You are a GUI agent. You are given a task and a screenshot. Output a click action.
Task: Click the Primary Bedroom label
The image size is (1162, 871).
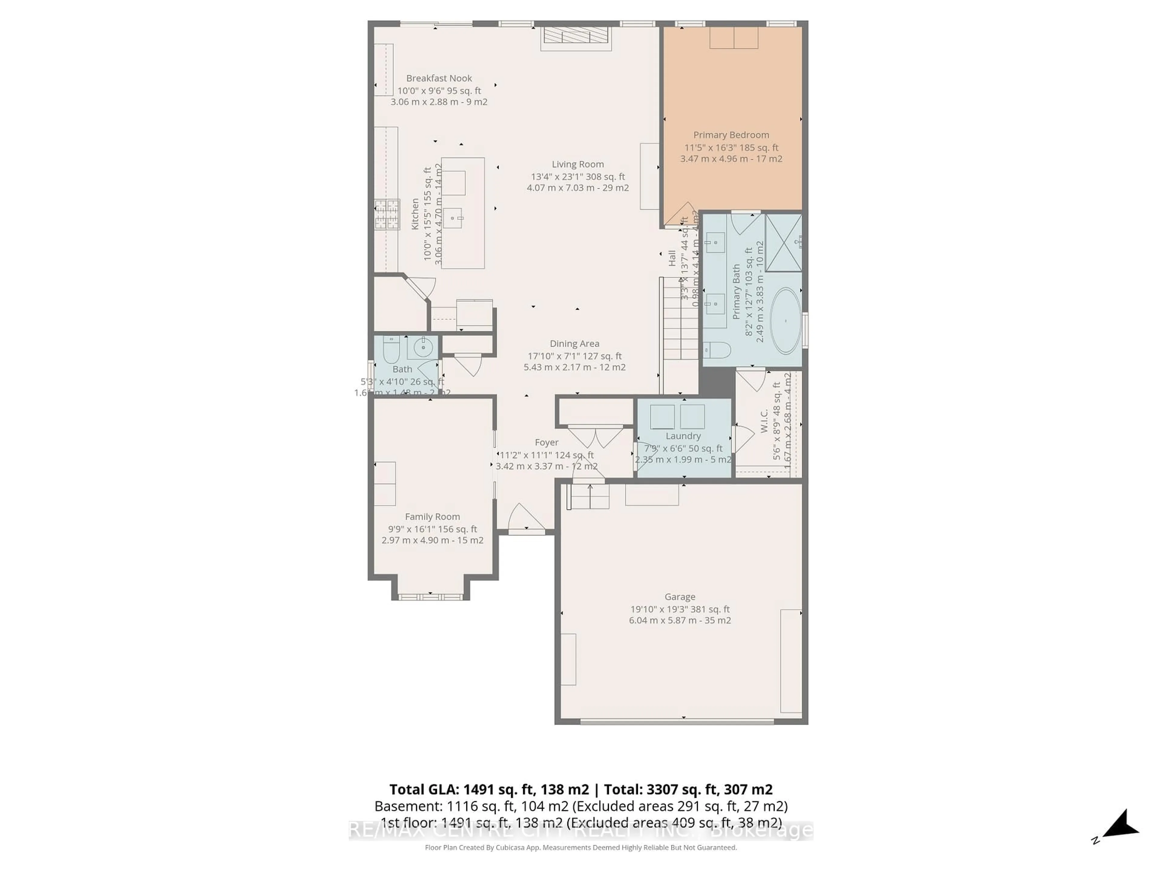pyautogui.click(x=731, y=135)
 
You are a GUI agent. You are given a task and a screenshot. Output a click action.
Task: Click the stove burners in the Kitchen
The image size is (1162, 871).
pyautogui.click(x=387, y=214)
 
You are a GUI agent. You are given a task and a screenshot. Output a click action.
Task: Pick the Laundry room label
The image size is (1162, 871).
pyautogui.click(x=683, y=436)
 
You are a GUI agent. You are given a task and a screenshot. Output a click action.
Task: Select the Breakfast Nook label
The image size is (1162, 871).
pyautogui.click(x=439, y=78)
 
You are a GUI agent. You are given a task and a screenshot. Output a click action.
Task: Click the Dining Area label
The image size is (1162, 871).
pyautogui.click(x=574, y=343)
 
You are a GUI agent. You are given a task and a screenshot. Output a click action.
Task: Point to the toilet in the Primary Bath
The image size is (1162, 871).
pyautogui.click(x=717, y=350)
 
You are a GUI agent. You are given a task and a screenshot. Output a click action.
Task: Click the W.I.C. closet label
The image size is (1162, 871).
pyautogui.click(x=764, y=421)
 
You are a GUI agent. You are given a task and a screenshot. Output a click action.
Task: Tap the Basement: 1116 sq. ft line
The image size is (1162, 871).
pyautogui.click(x=580, y=806)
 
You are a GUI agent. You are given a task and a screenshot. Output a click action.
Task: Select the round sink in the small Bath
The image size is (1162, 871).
pyautogui.click(x=422, y=347)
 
